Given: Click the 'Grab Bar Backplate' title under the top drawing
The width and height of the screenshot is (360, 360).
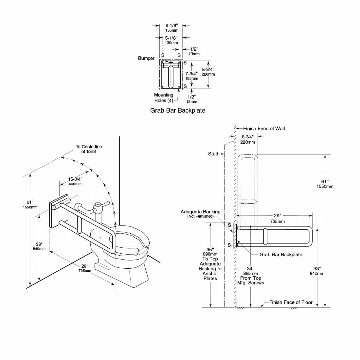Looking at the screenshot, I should pos(178,110).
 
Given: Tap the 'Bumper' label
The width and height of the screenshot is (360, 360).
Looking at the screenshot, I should pos(146,58).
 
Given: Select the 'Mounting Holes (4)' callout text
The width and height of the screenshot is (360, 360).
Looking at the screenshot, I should pos(164,98).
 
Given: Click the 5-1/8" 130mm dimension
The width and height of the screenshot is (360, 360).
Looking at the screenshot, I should pos(171,40).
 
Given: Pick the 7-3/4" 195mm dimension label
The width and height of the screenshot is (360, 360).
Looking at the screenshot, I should pos(192,76).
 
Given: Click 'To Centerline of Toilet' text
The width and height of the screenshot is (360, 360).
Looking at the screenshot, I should pos(89,149).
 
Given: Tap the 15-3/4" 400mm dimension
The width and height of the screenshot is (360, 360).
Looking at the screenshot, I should pos(75,181).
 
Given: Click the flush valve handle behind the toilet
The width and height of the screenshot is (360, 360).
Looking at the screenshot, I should pos(105,205).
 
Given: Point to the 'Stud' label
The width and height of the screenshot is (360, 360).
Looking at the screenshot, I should pos(213,153).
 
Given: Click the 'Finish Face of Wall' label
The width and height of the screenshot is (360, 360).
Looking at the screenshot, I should pos(264,129).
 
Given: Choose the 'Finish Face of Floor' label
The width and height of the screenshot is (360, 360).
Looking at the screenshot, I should pos(291,302).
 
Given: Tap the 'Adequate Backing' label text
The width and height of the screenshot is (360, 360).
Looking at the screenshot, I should pos(200,212).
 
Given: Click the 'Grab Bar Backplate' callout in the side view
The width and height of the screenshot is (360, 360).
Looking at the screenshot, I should pos(281,254).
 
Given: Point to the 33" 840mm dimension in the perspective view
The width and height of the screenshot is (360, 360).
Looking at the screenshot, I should pos(39,246).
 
